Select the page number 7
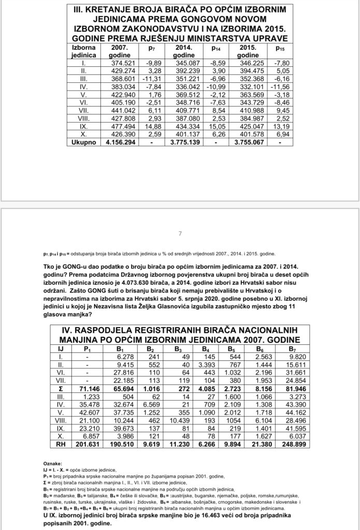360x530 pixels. (180, 233)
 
